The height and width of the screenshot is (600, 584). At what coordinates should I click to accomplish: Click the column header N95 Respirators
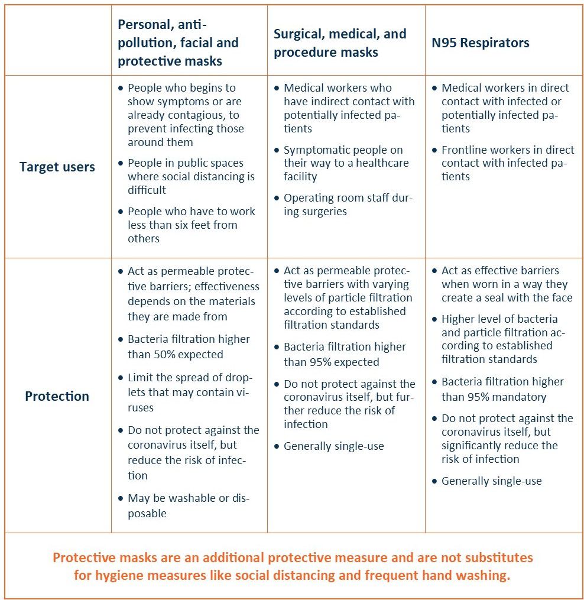479,43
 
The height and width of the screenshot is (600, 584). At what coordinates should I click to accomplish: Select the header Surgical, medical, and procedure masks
340,43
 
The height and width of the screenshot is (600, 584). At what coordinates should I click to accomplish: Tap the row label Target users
57,167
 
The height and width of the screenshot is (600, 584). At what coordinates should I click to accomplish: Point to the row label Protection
57,396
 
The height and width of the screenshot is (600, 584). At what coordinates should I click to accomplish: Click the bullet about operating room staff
348,205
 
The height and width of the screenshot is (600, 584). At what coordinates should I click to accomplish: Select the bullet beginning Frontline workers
507,163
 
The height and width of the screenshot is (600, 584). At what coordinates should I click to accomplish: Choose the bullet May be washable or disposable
188,505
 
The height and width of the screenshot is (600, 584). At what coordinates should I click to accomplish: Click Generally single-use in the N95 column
491,481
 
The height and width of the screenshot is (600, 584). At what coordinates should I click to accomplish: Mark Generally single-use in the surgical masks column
333,446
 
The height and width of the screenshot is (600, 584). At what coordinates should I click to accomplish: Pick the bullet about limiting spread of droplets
189,393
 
